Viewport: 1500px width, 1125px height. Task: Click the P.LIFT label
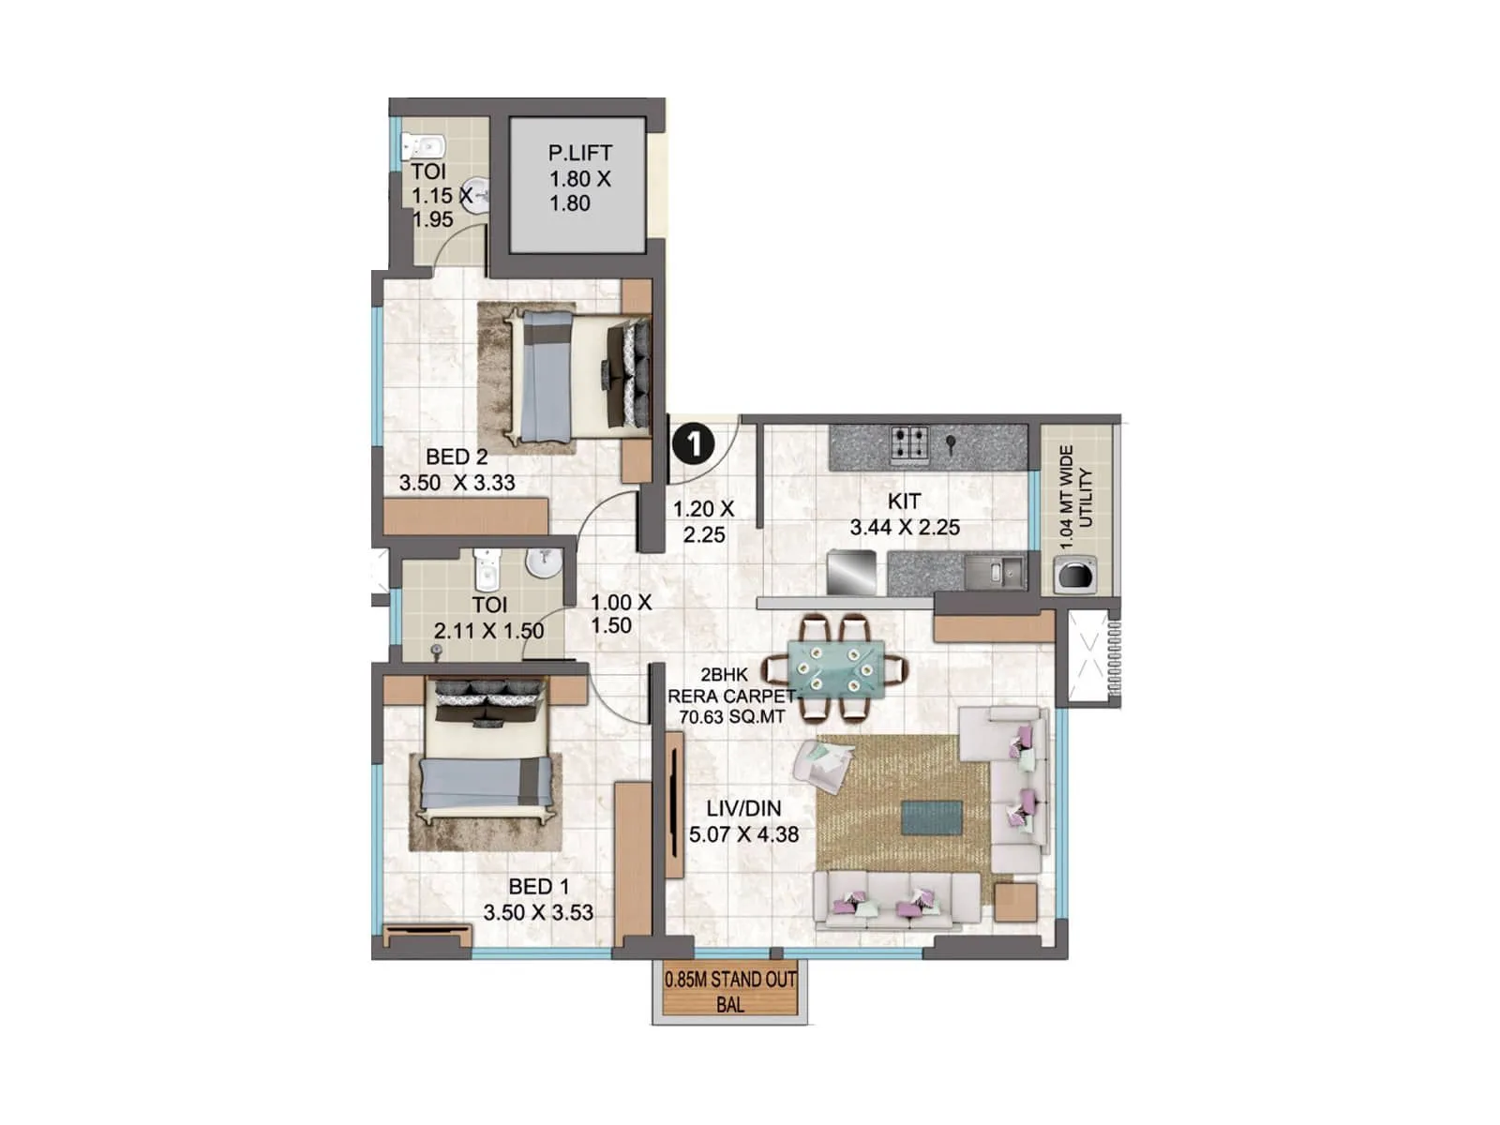pyautogui.click(x=579, y=153)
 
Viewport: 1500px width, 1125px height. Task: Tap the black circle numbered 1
pyautogui.click(x=694, y=442)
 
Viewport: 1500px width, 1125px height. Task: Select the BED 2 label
pyautogui.click(x=457, y=457)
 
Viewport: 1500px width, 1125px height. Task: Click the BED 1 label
pyautogui.click(x=538, y=886)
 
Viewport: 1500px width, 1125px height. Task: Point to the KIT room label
pyautogui.click(x=904, y=502)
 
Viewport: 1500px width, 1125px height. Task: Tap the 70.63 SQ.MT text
pyautogui.click(x=731, y=717)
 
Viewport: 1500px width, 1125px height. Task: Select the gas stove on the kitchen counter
pyautogui.click(x=908, y=444)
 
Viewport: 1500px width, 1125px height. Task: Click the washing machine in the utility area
pyautogui.click(x=1075, y=574)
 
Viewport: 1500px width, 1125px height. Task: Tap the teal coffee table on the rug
pyautogui.click(x=931, y=817)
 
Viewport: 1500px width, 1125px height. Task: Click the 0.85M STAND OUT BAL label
pyautogui.click(x=729, y=991)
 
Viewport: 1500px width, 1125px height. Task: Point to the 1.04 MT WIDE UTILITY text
pyautogui.click(x=1075, y=496)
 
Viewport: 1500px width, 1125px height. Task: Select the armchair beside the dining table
pyautogui.click(x=822, y=765)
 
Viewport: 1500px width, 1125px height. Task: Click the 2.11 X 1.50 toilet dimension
pyautogui.click(x=488, y=630)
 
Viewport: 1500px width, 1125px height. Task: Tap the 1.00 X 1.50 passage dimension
pyautogui.click(x=620, y=614)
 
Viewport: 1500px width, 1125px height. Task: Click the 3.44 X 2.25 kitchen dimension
pyautogui.click(x=904, y=528)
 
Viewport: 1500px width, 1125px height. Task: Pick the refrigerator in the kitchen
pyautogui.click(x=852, y=571)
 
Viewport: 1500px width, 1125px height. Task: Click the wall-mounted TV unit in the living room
pyautogui.click(x=675, y=803)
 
